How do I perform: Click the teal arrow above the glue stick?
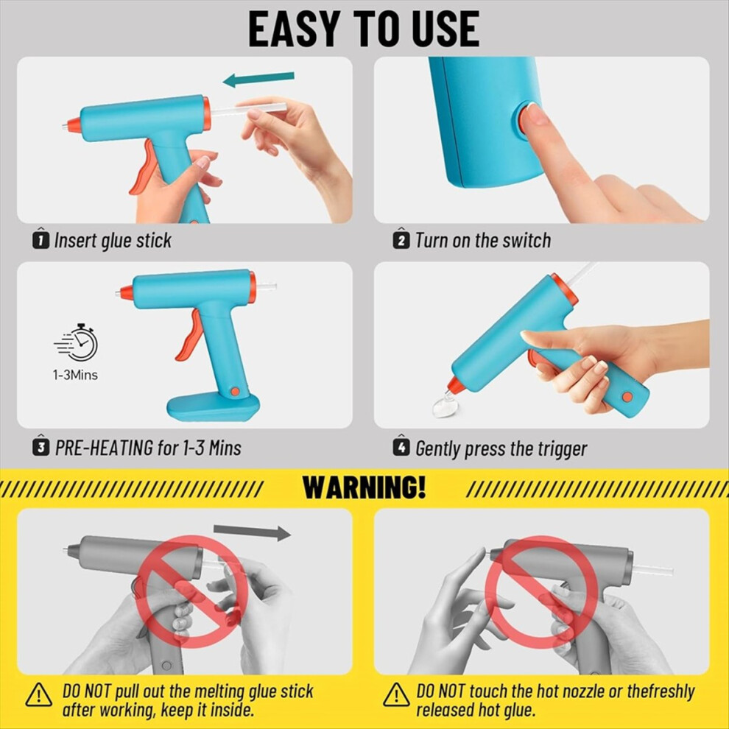[258, 79]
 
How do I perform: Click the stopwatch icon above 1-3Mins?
[77, 342]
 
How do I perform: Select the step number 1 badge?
[40, 239]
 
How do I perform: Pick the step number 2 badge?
[401, 239]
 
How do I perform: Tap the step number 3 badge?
[41, 446]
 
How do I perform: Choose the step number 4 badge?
[401, 446]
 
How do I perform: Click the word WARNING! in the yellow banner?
[364, 487]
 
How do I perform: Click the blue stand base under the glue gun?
[213, 406]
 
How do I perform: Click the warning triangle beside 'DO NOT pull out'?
[38, 694]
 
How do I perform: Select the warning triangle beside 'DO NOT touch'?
[396, 694]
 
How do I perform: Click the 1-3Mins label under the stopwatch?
[75, 375]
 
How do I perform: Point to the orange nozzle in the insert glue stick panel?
[72, 124]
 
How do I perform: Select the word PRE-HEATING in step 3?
[104, 448]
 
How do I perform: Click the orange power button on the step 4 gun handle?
[627, 397]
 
